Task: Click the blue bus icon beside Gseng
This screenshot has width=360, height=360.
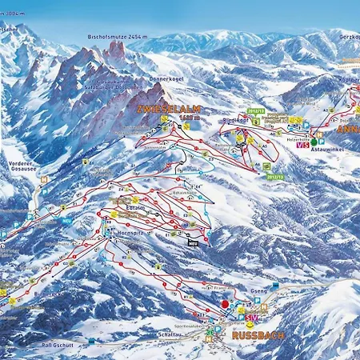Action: click(x=275, y=285)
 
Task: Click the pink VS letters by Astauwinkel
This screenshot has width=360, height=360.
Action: click(x=302, y=145)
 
